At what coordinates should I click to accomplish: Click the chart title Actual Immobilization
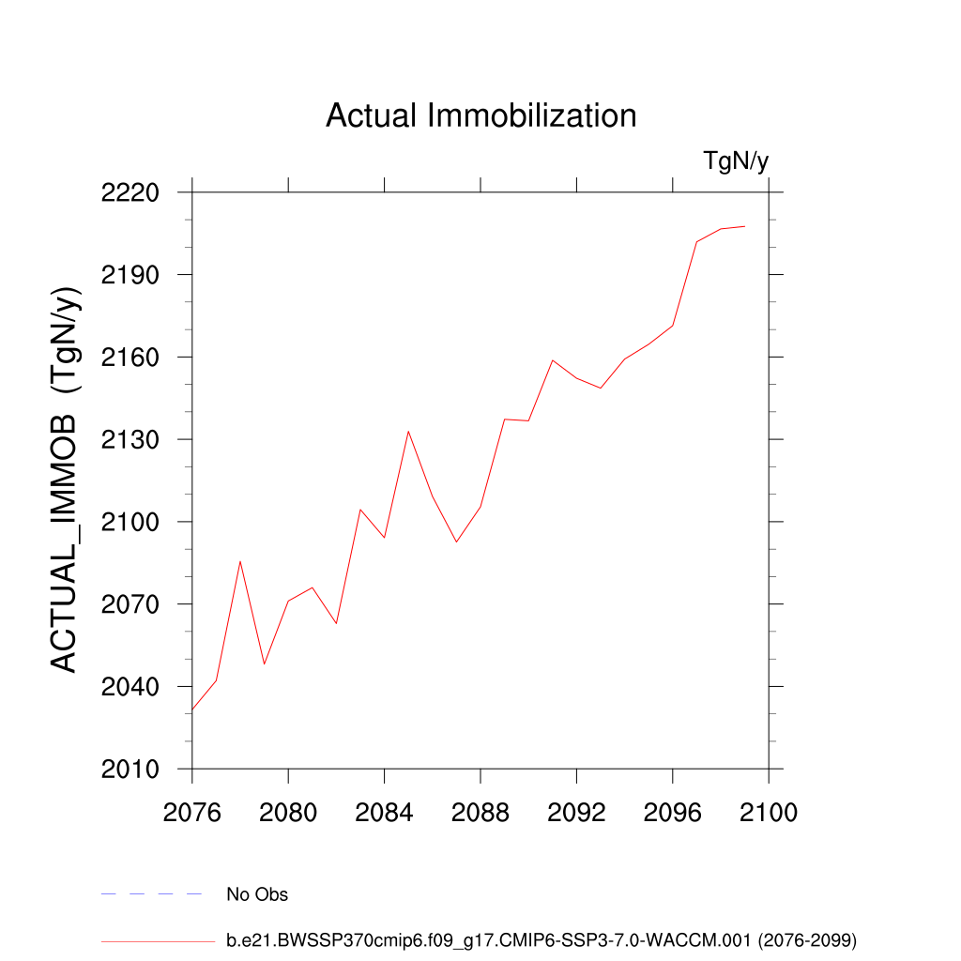(480, 116)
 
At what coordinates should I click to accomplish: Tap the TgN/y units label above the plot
(736, 161)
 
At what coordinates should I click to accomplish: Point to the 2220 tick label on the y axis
(130, 193)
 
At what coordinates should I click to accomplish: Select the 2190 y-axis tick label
(130, 276)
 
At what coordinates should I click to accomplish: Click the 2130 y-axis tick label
(130, 440)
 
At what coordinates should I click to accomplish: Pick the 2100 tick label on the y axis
(130, 523)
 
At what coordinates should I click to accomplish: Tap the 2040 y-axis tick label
(130, 687)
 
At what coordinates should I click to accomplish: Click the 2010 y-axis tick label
(130, 770)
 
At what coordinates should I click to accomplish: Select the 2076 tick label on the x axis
(192, 813)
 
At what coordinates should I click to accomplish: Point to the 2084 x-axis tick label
(385, 813)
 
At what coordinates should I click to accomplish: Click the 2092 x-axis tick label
(576, 813)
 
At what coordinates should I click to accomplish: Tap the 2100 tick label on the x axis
(768, 813)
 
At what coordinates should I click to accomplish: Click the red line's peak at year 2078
(240, 561)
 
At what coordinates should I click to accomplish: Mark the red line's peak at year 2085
(408, 432)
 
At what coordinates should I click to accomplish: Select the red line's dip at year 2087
(456, 542)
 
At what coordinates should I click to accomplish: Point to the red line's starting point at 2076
(192, 709)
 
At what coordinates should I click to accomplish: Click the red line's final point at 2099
(744, 226)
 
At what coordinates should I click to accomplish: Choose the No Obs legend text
(257, 894)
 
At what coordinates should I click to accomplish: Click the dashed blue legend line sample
(152, 894)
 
